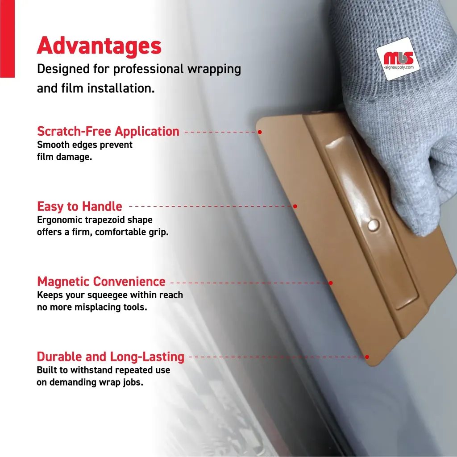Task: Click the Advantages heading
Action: (99, 46)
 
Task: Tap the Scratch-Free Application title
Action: (108, 132)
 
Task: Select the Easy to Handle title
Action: (79, 206)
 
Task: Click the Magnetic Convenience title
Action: (101, 282)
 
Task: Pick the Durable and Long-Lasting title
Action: (111, 357)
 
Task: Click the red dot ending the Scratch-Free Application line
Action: (260, 132)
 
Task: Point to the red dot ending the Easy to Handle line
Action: (295, 206)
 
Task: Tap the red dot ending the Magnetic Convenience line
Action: (331, 283)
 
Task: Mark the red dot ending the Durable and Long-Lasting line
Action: (367, 357)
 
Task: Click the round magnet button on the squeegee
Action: (374, 225)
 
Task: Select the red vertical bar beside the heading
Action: (7, 39)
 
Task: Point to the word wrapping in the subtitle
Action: (214, 69)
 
